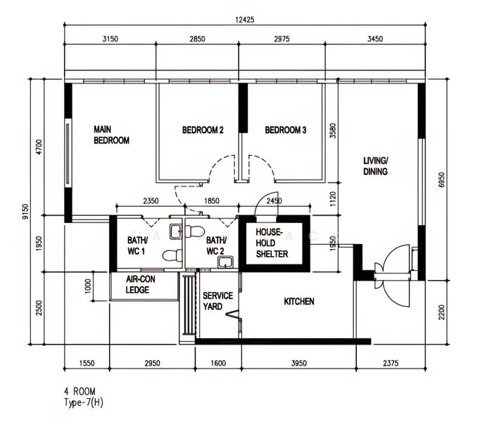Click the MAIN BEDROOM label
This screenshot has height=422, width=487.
(111, 134)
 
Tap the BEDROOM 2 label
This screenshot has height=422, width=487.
(203, 129)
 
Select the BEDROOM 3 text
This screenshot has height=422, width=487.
(286, 129)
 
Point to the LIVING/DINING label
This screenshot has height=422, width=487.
(376, 166)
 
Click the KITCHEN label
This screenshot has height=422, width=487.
(299, 301)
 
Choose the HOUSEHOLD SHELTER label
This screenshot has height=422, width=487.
(272, 243)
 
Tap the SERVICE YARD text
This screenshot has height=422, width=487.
(217, 301)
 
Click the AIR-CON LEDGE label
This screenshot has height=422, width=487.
(140, 284)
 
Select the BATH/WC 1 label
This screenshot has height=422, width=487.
(137, 245)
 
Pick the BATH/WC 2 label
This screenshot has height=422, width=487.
(216, 245)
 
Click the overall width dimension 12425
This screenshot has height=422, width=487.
(245, 20)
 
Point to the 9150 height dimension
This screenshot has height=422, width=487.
(25, 212)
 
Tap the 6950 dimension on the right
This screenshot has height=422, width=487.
(441, 179)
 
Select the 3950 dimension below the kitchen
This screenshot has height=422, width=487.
(299, 363)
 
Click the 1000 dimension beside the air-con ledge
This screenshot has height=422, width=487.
(88, 286)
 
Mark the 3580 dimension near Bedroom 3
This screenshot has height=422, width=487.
(333, 131)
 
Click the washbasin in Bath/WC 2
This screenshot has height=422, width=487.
(225, 262)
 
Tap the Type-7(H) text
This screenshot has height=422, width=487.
(84, 402)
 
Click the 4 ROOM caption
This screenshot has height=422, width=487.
(80, 391)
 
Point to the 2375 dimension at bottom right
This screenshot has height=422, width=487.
(391, 363)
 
